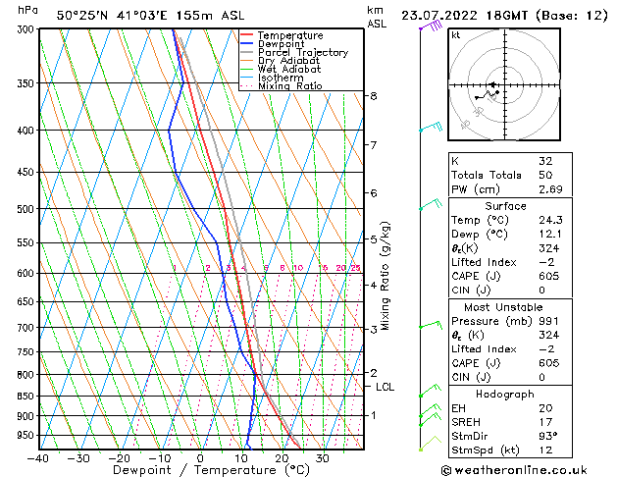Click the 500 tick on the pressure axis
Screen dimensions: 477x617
pyautogui.click(x=26, y=209)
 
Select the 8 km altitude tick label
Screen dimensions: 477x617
pyautogui.click(x=374, y=95)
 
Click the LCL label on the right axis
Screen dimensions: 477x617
pyautogui.click(x=386, y=387)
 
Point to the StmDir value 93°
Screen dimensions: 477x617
pyautogui.click(x=548, y=437)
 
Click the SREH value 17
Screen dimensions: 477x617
pyautogui.click(x=544, y=422)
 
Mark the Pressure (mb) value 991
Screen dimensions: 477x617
pyautogui.click(x=547, y=320)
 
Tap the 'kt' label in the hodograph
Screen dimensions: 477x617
pyautogui.click(x=456, y=35)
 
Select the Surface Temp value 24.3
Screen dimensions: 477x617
pyautogui.click(x=548, y=220)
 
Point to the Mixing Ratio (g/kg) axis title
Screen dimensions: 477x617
pyautogui.click(x=386, y=276)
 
